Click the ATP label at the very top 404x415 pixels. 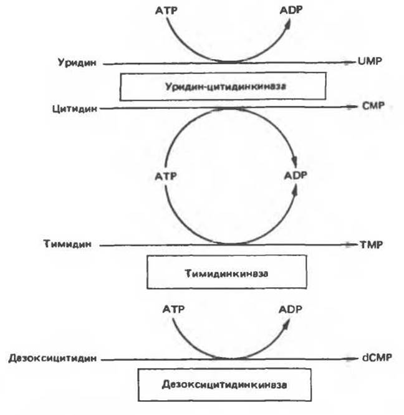[x=166, y=11]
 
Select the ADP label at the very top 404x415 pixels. [x=291, y=10]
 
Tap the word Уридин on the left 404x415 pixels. [x=77, y=63]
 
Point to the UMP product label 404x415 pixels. [x=370, y=62]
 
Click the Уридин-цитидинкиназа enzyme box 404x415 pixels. [x=223, y=86]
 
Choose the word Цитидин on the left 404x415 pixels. [x=75, y=109]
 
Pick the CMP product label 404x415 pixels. [x=373, y=106]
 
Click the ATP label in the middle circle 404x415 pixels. [x=166, y=176]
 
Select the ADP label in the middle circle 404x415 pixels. [x=296, y=176]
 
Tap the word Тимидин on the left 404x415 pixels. [x=67, y=244]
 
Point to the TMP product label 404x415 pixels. [x=371, y=245]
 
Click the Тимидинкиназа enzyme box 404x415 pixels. [x=227, y=272]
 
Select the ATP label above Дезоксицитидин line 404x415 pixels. [x=173, y=309]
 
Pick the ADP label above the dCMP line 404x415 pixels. [x=291, y=310]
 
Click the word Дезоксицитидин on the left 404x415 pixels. [x=52, y=359]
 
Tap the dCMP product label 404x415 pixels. [x=377, y=358]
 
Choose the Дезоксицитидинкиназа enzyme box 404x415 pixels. [x=224, y=384]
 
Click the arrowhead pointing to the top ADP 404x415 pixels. [x=288, y=24]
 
